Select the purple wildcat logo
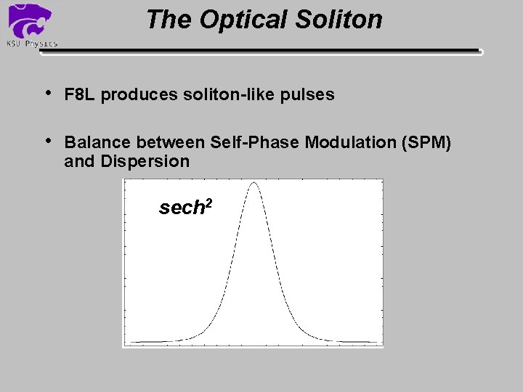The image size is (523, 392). coord(30,20)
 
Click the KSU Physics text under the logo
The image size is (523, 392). coord(31,44)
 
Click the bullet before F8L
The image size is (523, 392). coord(48,93)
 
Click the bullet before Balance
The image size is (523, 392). coord(48,140)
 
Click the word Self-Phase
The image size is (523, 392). coord(257,142)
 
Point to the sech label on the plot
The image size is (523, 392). coord(180,208)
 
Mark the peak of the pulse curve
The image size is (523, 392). coord(254,183)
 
